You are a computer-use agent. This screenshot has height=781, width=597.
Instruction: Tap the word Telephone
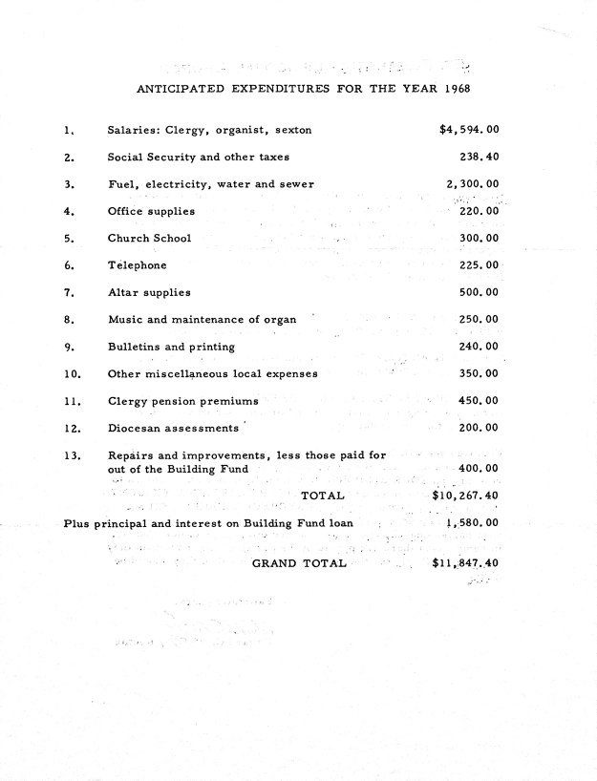(x=137, y=265)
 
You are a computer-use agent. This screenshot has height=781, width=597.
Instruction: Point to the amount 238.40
(x=479, y=157)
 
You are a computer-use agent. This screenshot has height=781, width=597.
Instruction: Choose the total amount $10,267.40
(x=465, y=496)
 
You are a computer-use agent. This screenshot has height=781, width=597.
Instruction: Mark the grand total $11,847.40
(x=465, y=563)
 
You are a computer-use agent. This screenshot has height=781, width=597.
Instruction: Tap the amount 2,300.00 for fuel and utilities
(x=472, y=183)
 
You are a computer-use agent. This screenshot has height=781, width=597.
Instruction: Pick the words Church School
(x=149, y=238)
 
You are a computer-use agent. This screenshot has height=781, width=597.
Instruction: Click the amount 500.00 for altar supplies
(x=479, y=292)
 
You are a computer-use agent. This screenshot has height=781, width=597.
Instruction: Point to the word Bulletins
(x=134, y=347)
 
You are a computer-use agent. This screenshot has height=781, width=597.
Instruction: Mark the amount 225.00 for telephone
(x=479, y=265)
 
